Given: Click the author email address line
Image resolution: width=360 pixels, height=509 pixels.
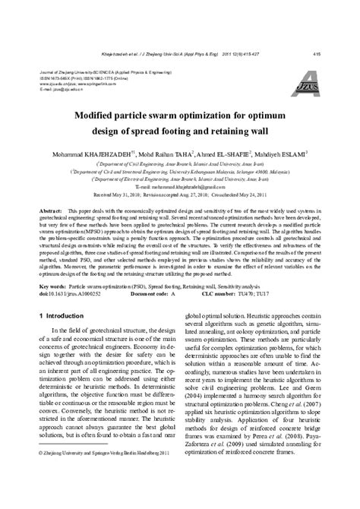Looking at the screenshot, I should tap(180, 186).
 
